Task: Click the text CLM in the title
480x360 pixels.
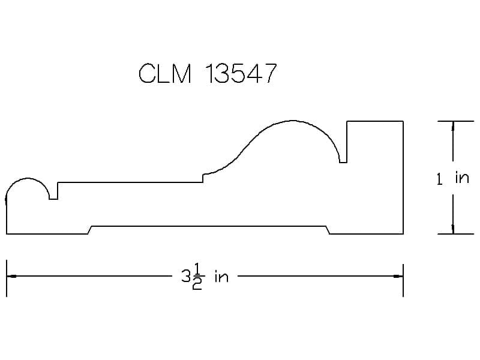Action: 165,73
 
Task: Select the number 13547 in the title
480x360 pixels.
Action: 241,73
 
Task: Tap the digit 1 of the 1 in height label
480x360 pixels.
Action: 440,179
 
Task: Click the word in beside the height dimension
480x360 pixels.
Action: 462,178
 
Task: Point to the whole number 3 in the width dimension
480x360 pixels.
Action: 186,277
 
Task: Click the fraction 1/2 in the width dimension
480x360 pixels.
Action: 197,277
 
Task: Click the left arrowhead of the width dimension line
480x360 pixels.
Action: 11,276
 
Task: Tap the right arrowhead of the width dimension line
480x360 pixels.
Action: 398,276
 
